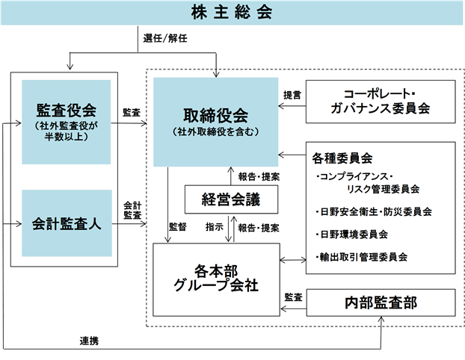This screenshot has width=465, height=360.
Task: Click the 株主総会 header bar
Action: pos(232,13)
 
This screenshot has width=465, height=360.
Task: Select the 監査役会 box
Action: pos(66,122)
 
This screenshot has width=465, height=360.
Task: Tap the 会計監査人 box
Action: pos(67,223)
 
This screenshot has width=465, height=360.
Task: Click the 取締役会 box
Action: pos(215,122)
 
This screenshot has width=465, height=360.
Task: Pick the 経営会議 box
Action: pos(231,199)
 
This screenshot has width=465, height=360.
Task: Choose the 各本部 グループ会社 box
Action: pos(216,279)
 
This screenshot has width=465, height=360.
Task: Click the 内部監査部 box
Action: pos(381,302)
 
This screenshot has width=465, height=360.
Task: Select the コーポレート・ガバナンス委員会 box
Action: pos(381,102)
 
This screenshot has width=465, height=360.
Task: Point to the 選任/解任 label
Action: pos(165,38)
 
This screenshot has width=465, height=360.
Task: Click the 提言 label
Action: pos(292,95)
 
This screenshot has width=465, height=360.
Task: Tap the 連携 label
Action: pos(89,341)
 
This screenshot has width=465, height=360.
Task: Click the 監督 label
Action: pos(178,227)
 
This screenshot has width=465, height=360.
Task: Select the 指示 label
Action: pos(214,227)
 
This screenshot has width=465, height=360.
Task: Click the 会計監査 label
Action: pos(132,210)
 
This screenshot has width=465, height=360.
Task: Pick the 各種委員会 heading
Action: pos(342,158)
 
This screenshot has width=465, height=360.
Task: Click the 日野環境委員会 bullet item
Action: pos(352,235)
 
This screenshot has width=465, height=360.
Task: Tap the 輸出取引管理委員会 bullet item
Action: pos(362,257)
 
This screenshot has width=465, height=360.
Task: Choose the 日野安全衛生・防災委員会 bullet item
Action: pos(374,211)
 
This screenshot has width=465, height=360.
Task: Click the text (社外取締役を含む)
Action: pos(215,131)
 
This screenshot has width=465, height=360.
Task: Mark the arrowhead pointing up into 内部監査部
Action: pos(381,319)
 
